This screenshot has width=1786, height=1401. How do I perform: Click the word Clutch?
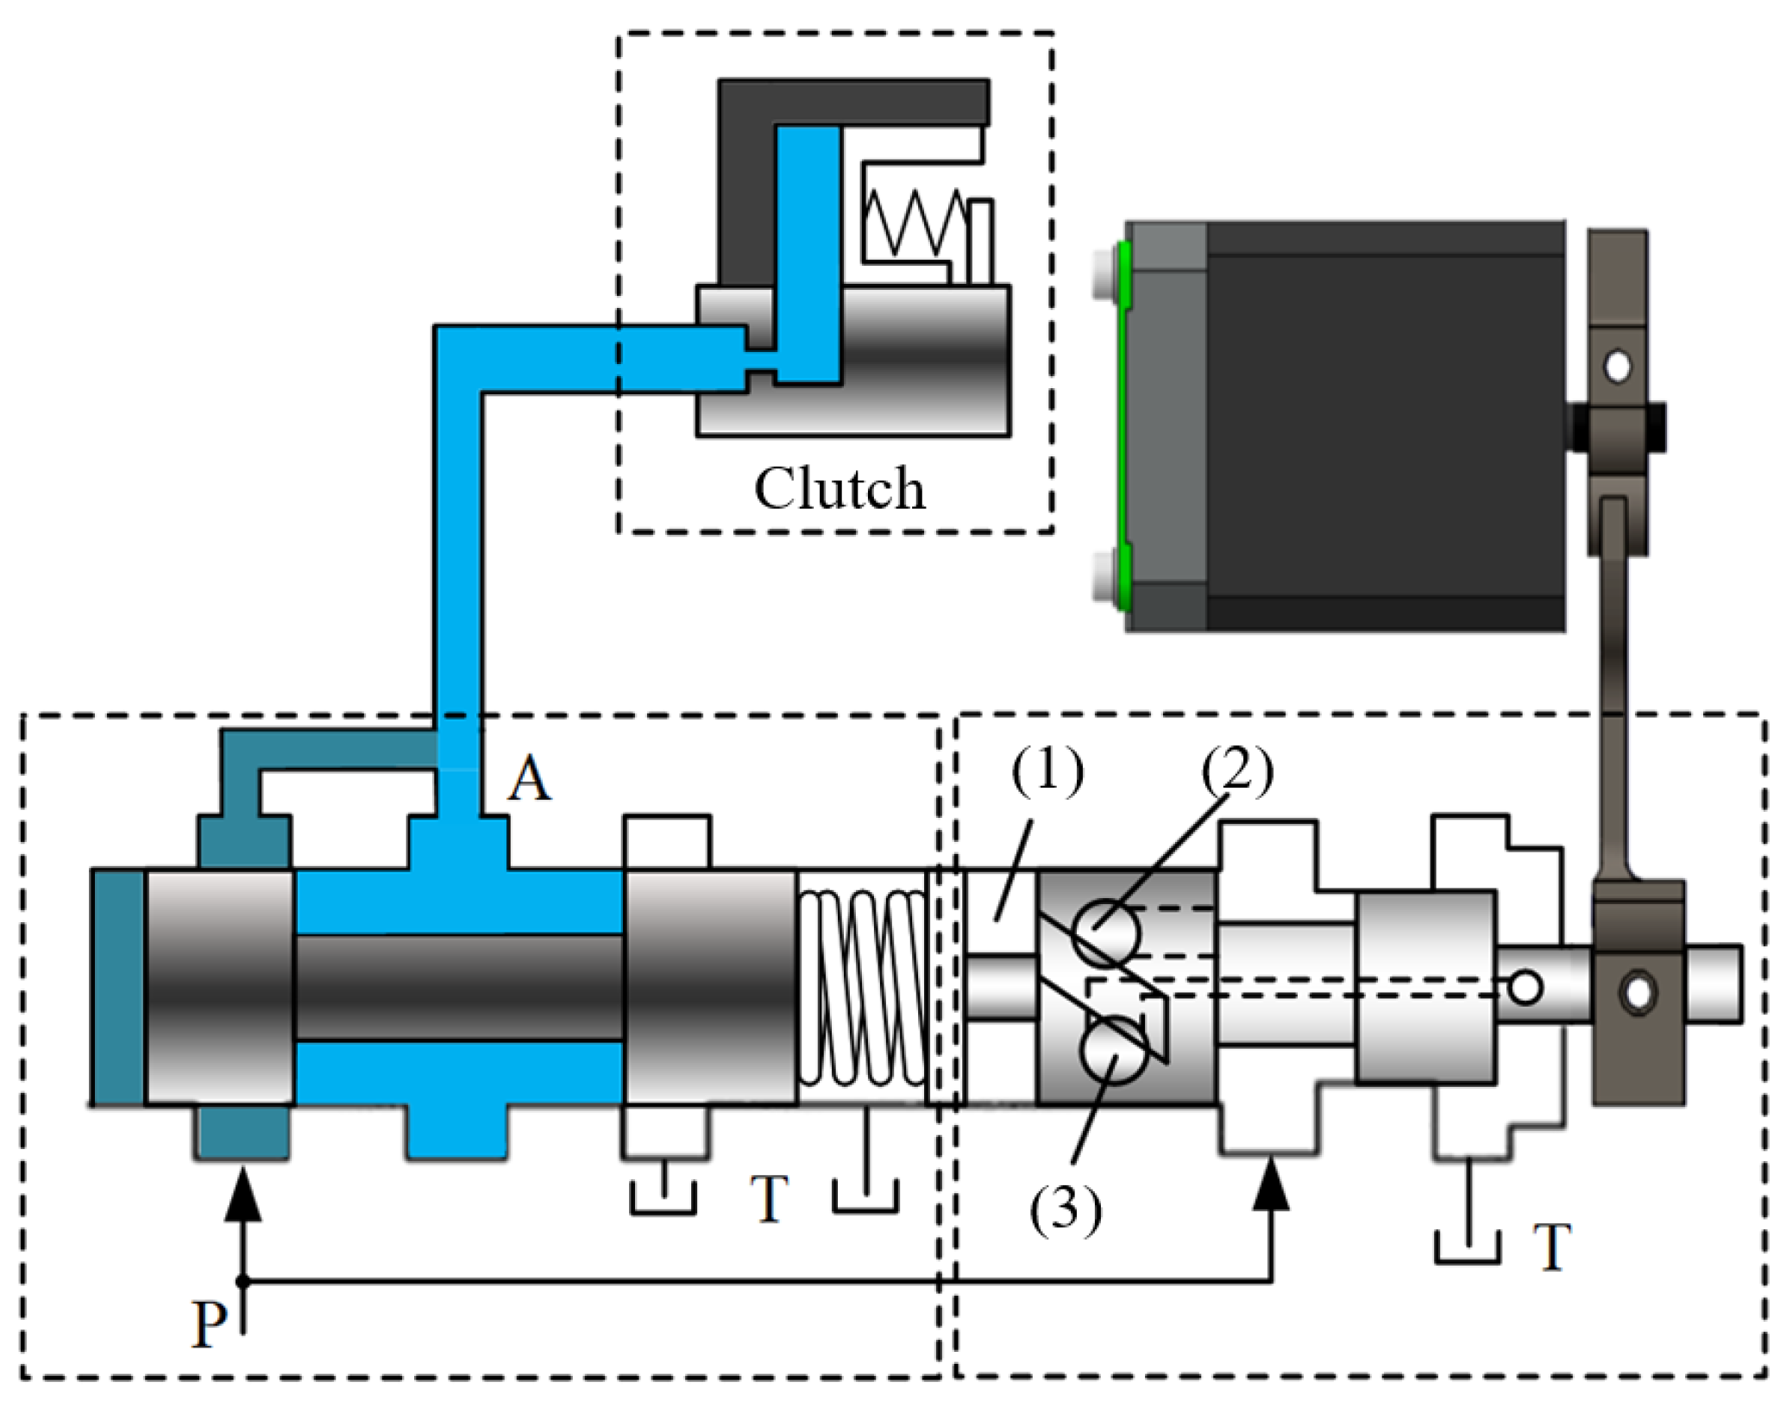point(839,488)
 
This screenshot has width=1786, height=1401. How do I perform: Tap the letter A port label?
point(528,778)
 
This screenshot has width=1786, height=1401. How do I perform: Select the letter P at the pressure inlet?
point(210,1323)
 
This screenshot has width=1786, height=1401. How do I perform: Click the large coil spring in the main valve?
point(861,987)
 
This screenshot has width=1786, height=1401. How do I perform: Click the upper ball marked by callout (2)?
point(1106,932)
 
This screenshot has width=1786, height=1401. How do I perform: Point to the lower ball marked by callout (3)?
point(1113,1050)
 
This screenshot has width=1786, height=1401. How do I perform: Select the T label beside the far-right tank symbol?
point(1551,1247)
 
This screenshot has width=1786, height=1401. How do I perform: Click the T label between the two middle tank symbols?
point(769,1199)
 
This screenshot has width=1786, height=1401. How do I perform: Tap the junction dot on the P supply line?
point(242,1282)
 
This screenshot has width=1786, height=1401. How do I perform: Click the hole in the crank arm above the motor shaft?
point(1617,367)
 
